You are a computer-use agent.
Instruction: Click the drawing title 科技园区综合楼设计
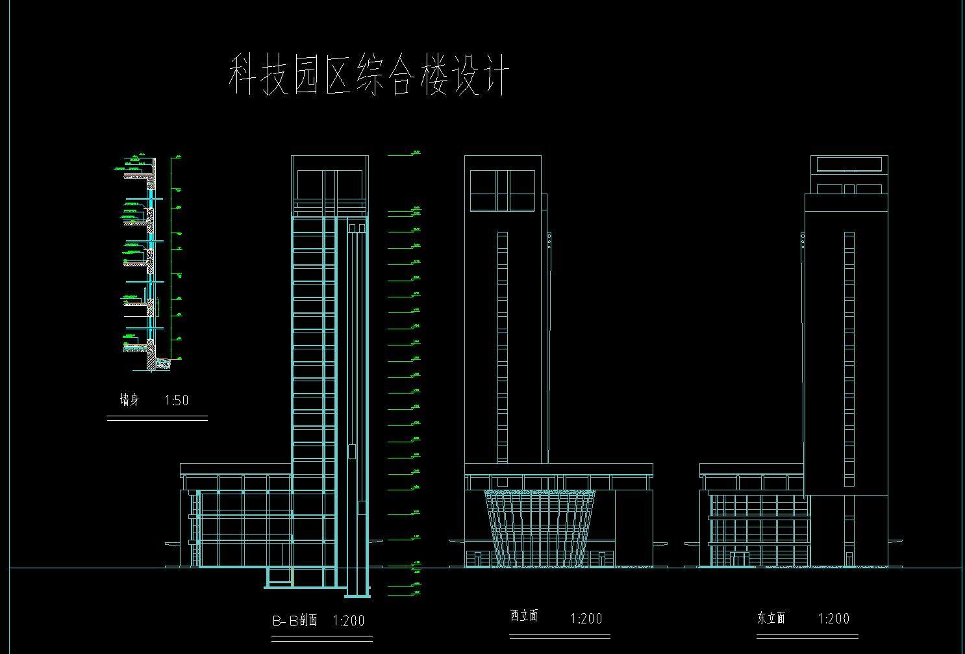tap(368, 75)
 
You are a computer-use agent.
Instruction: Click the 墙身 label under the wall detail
tap(130, 399)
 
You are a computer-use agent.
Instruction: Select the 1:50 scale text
tap(177, 400)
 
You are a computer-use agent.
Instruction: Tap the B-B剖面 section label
tap(294, 620)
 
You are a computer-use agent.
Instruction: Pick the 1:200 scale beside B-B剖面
tap(349, 621)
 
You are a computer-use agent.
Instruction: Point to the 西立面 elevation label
tap(524, 616)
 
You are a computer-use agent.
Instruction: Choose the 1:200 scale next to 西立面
tap(586, 618)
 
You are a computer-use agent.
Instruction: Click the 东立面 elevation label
tap(771, 618)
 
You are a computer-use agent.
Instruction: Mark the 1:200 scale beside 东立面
tap(833, 618)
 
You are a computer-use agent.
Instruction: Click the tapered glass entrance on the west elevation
tap(540, 527)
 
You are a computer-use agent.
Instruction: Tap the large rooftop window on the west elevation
tap(503, 190)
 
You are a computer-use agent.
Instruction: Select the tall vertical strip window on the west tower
tap(503, 347)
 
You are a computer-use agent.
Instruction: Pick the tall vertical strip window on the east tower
tap(849, 358)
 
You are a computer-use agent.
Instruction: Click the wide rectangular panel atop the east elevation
tap(849, 164)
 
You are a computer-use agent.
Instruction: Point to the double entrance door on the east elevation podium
tap(739, 559)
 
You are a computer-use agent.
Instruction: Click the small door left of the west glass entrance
tap(477, 559)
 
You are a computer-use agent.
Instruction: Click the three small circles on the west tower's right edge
tap(549, 240)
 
